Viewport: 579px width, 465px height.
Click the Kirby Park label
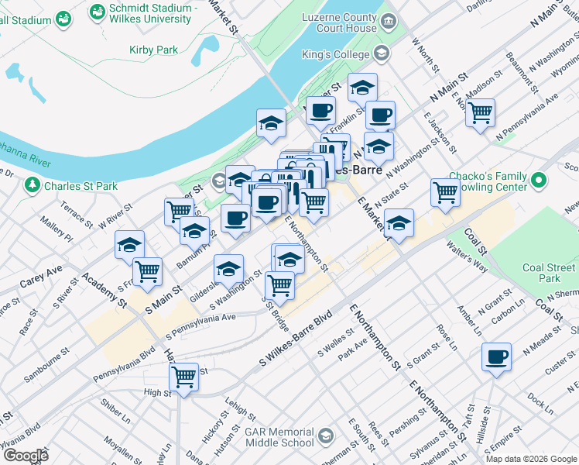pos(153,50)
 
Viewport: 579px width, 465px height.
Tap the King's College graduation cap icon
pos(381,53)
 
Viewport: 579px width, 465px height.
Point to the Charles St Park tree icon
pos(32,185)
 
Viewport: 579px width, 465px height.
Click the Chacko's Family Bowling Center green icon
pos(539,181)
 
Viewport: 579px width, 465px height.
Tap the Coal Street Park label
pos(550,273)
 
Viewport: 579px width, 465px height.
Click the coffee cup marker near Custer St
pos(496,357)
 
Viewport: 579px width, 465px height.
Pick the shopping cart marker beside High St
pos(183,377)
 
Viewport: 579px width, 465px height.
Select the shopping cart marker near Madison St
pos(481,113)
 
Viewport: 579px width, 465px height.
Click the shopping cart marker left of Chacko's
pos(445,192)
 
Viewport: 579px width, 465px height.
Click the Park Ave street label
pos(352,343)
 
